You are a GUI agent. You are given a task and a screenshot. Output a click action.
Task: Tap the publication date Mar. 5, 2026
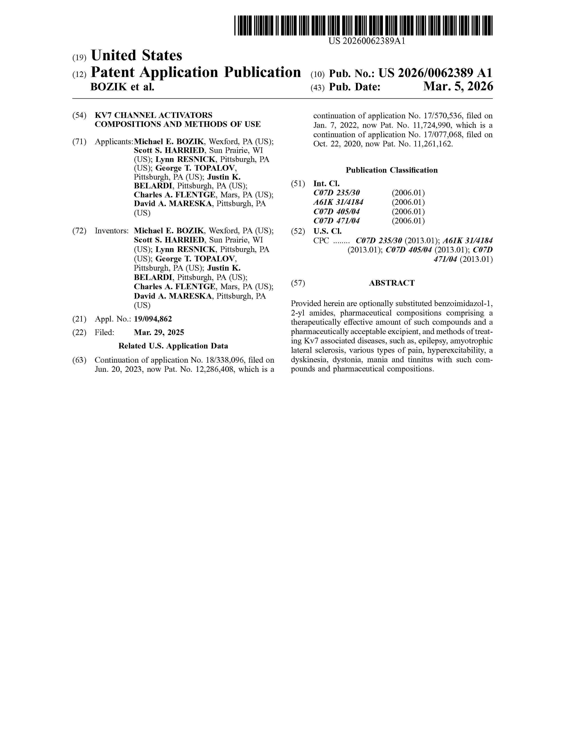click(458, 87)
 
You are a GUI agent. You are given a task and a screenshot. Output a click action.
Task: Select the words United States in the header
click(136, 55)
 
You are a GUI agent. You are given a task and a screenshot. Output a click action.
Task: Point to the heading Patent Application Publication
click(196, 72)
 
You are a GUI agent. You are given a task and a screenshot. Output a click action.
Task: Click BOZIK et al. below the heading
click(122, 87)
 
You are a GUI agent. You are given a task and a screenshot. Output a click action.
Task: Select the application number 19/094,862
click(153, 319)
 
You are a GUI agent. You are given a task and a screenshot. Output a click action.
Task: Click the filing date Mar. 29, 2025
click(159, 333)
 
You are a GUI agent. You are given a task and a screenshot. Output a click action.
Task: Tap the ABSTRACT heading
click(392, 283)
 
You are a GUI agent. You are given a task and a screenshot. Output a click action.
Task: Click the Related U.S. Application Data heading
click(173, 346)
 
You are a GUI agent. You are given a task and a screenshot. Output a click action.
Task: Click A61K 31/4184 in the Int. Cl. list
click(338, 202)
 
